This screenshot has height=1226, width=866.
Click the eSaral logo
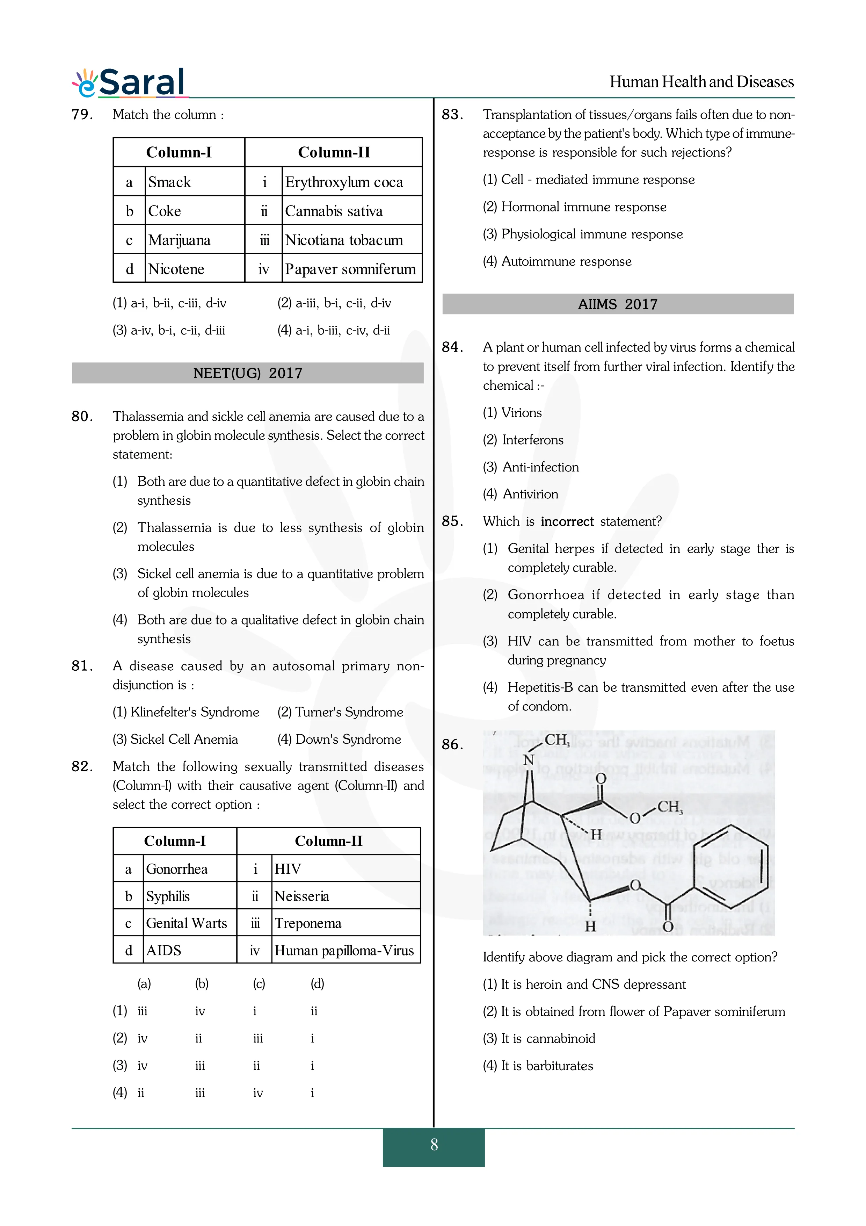tap(129, 83)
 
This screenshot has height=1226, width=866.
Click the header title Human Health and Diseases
tap(701, 82)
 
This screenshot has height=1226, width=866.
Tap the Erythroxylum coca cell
tap(344, 182)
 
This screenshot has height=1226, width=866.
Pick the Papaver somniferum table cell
tap(350, 269)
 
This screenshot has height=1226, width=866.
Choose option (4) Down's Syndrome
tap(339, 739)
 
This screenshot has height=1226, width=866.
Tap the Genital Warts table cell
tap(186, 923)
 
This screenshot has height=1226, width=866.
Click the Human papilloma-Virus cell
tap(344, 951)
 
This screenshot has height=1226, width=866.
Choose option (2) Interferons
tap(523, 440)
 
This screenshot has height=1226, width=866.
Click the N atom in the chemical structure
tap(528, 760)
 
